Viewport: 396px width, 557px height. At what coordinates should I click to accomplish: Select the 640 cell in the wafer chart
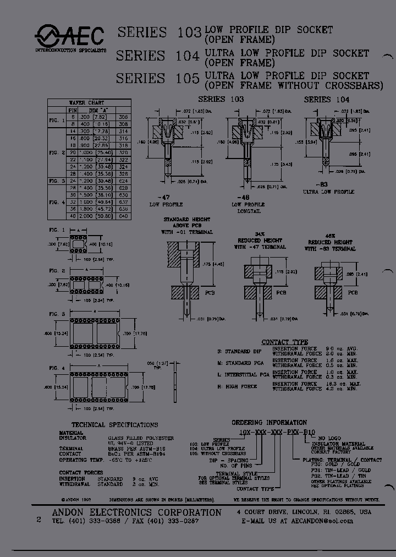pyautogui.click(x=123, y=215)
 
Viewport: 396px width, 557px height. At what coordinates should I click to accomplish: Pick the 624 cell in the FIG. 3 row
pyautogui.click(x=123, y=181)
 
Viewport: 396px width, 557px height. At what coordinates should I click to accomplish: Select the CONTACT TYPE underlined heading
pyautogui.click(x=284, y=342)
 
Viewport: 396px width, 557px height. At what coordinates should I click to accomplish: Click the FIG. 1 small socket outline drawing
pyautogui.click(x=80, y=243)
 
